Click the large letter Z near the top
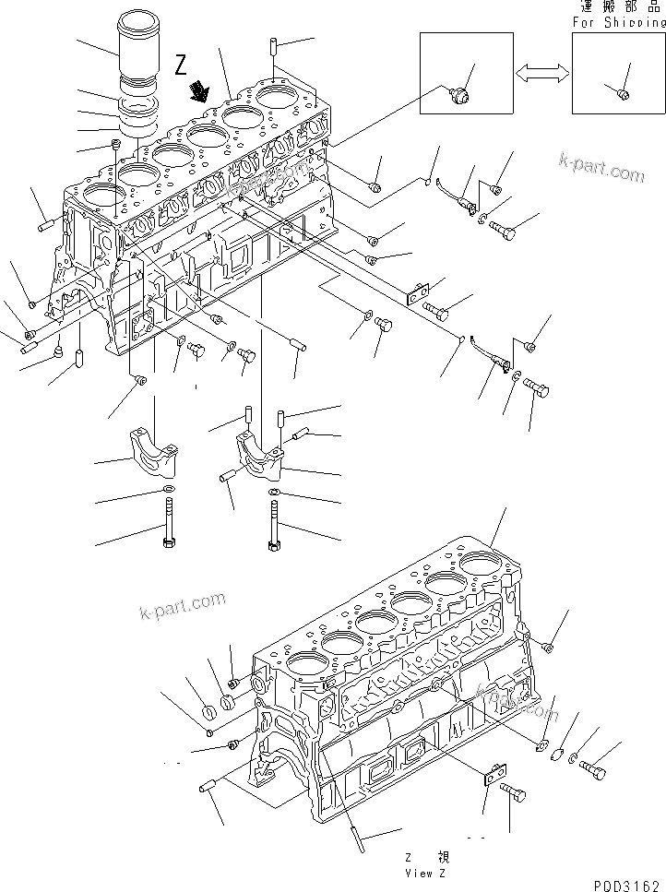(x=180, y=64)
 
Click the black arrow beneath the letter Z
(x=197, y=90)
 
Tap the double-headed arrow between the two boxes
(x=541, y=74)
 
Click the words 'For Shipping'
(x=618, y=22)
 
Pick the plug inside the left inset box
(x=460, y=93)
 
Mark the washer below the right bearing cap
(x=274, y=493)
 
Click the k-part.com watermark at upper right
(x=601, y=170)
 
